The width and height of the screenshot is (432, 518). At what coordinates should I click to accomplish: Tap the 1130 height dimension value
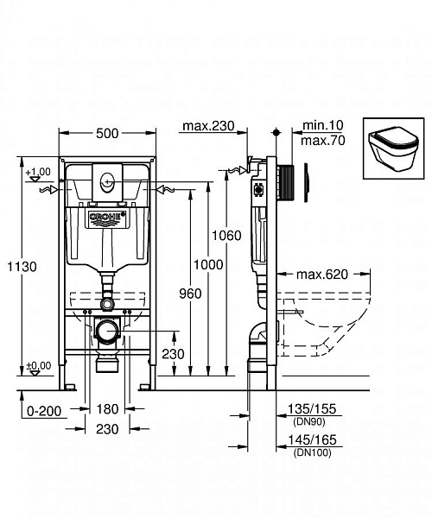tap(22, 267)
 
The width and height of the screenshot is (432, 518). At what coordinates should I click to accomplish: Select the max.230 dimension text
tap(208, 128)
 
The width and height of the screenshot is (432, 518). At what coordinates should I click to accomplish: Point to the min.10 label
tap(318, 125)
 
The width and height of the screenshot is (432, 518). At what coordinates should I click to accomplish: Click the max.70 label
tap(320, 139)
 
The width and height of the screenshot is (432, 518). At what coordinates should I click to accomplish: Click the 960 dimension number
tap(189, 294)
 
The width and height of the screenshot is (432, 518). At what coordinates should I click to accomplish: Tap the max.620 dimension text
tap(322, 275)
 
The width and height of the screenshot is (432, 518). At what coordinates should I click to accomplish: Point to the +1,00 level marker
tap(38, 173)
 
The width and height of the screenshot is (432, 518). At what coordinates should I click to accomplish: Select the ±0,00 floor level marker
tap(38, 366)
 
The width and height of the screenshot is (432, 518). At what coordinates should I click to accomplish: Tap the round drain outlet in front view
tap(107, 332)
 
